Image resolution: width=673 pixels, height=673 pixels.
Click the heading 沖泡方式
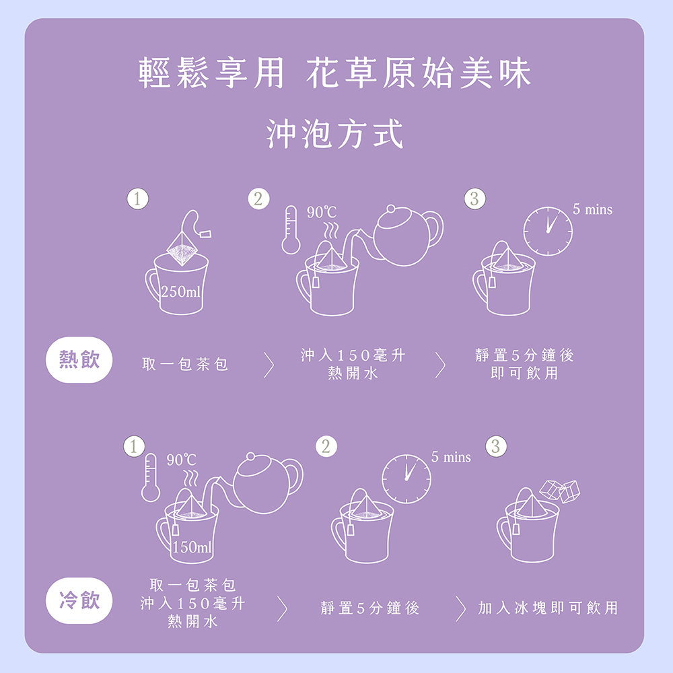tap(334, 133)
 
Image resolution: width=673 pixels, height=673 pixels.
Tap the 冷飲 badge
tap(79, 600)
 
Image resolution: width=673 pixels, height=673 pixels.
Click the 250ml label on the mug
tap(181, 293)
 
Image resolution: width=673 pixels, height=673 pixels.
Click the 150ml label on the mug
tap(192, 548)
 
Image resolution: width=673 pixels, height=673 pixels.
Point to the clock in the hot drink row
tap(548, 232)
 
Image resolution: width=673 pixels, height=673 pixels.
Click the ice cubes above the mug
tap(560, 489)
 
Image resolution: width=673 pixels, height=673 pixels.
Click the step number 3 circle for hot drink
tap(474, 199)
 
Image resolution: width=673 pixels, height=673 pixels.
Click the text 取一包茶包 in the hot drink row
tap(185, 364)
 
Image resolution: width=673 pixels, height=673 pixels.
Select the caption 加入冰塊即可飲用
tap(547, 608)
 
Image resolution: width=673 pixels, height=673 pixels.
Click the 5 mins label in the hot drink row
tap(592, 210)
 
